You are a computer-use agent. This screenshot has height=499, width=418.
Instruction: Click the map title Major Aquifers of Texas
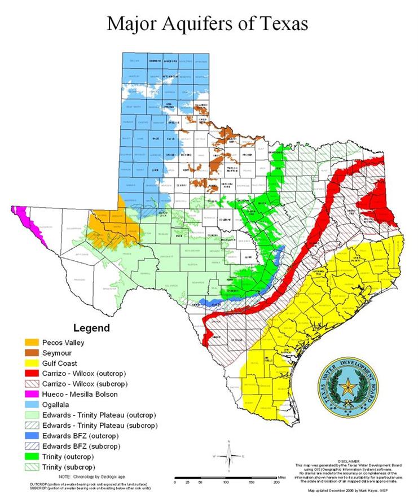tap(208, 24)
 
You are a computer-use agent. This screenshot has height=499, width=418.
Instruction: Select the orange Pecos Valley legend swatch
tap(33, 342)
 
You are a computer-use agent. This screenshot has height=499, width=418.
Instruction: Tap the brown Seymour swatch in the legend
tap(33, 353)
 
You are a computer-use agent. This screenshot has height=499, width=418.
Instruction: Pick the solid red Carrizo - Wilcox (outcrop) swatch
tap(33, 374)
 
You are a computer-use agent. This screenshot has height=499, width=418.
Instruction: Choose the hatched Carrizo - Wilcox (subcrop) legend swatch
tap(33, 384)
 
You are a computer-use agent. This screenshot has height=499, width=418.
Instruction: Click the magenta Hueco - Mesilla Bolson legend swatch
tap(33, 395)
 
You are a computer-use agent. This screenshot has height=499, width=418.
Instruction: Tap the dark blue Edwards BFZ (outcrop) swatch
tap(33, 436)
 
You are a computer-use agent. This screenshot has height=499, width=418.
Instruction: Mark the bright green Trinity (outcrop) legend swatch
tap(33, 457)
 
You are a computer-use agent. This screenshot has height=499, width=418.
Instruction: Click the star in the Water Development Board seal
tap(346, 388)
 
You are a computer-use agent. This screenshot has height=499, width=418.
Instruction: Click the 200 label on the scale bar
tap(276, 483)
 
